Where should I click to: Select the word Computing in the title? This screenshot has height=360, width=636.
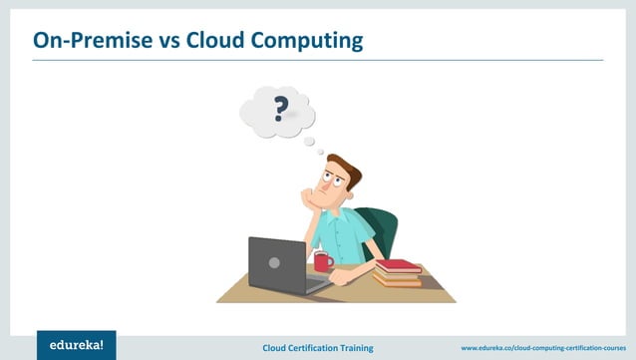310,41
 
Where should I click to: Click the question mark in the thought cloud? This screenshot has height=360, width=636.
280,107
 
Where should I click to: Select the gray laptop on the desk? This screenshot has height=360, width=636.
278,263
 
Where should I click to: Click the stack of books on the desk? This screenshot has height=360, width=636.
398,273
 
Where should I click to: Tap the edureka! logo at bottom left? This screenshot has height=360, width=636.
76,344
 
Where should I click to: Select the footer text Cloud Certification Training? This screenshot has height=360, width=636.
318,347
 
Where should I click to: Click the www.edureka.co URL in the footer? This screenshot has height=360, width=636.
543,347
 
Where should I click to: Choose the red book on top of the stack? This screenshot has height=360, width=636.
399,265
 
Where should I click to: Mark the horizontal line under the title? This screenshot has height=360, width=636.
318,60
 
